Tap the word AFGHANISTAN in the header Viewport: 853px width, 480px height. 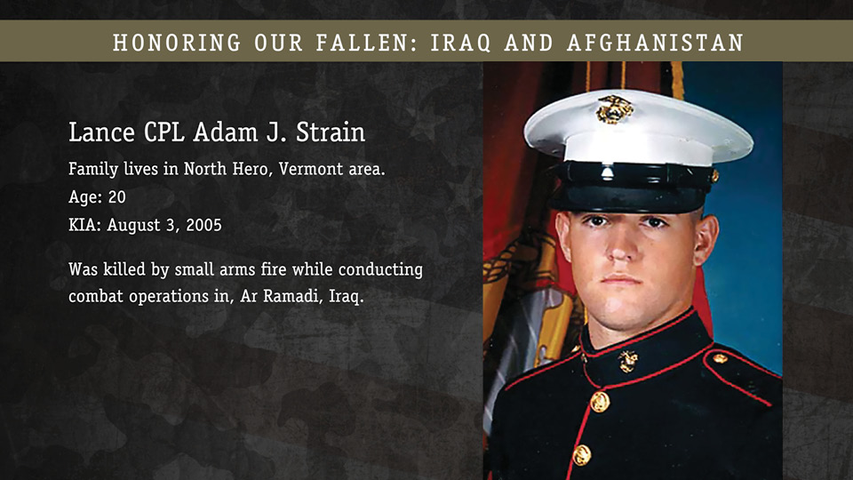tap(655, 43)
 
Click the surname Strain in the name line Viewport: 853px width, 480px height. tap(331, 132)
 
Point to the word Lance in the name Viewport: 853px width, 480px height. tap(101, 132)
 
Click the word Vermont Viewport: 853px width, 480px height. tap(311, 169)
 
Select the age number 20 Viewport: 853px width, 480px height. tap(117, 197)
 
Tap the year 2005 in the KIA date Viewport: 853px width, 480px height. tap(204, 225)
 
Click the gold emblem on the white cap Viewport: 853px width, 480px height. tap(614, 108)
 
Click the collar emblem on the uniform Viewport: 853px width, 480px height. tap(628, 362)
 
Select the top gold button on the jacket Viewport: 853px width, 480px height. tap(600, 402)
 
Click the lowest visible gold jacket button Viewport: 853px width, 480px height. tap(581, 455)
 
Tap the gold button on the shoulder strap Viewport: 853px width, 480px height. tap(721, 358)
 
